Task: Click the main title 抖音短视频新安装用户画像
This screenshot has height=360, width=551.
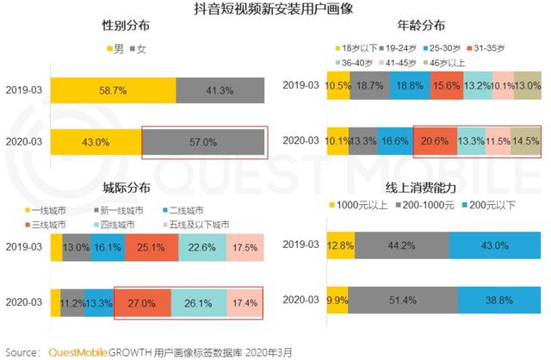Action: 275,10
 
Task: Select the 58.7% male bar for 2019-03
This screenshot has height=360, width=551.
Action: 113,90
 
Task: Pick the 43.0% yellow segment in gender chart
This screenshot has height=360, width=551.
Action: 95,142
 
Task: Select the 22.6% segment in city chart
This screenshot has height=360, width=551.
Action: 201,249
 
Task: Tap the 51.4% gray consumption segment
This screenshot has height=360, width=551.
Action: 402,301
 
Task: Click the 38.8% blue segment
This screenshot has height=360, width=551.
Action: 498,301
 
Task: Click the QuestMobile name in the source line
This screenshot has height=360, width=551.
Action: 77,351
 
